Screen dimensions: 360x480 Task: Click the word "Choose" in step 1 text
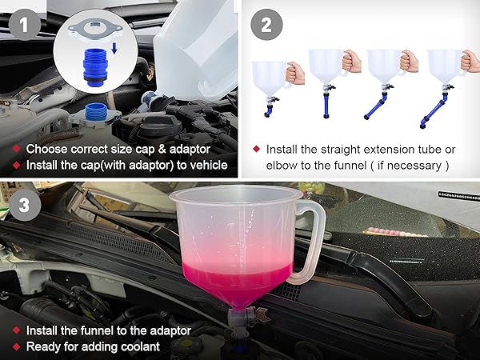(46, 149)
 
